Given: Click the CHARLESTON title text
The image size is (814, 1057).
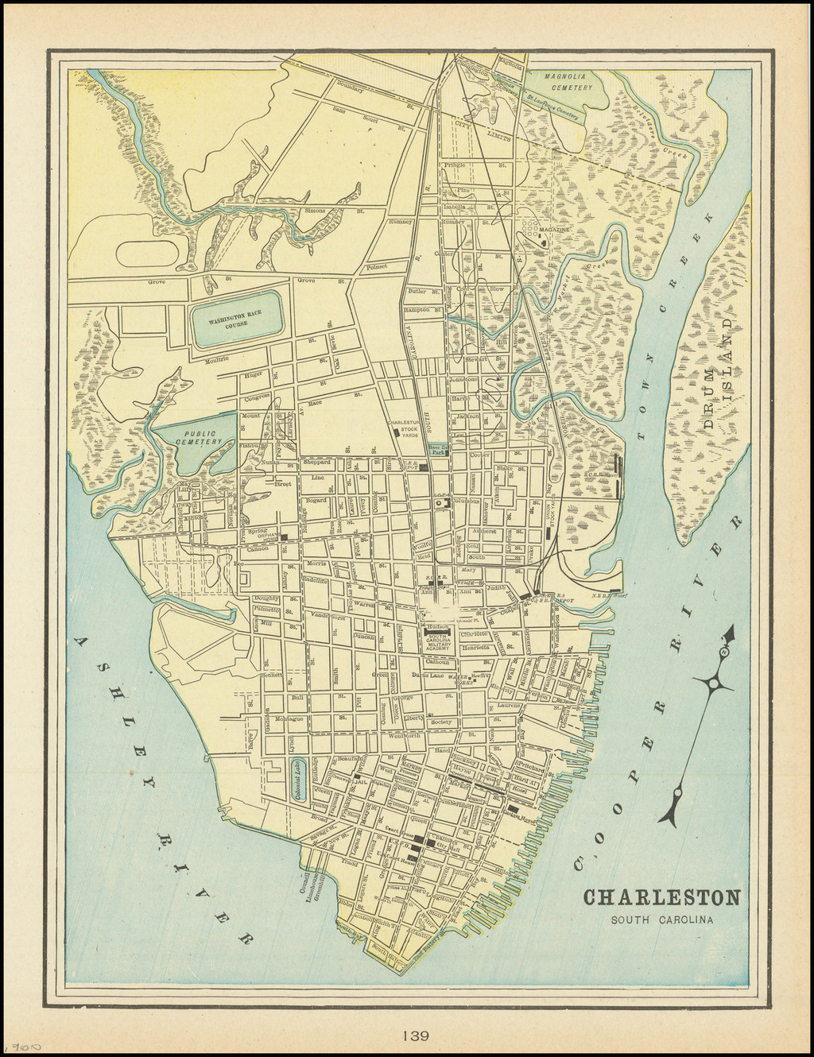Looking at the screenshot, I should coord(662,897).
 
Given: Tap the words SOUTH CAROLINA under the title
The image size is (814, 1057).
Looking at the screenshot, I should coord(662,921).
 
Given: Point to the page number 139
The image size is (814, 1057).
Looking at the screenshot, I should coord(416,1035).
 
